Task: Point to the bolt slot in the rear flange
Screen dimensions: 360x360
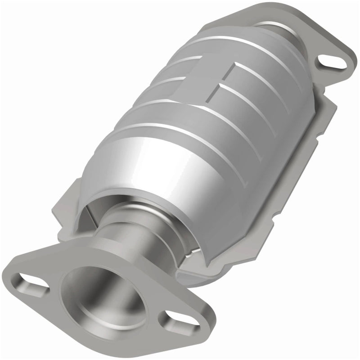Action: click(x=335, y=62)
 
